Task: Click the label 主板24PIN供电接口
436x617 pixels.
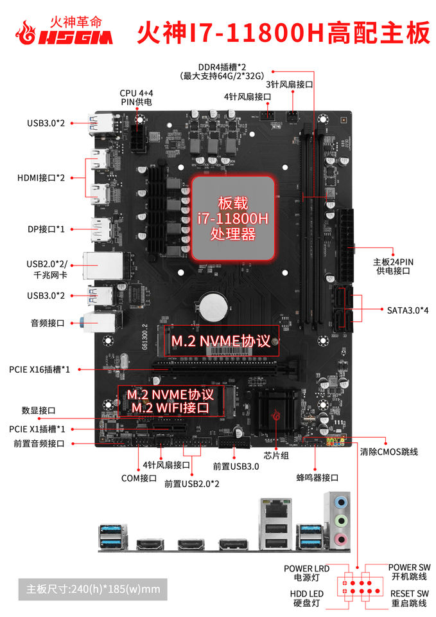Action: pyautogui.click(x=393, y=266)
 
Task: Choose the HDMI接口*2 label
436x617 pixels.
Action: pyautogui.click(x=41, y=177)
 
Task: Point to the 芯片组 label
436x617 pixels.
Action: pyautogui.click(x=281, y=455)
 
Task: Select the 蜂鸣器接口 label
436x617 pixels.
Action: pyautogui.click(x=317, y=478)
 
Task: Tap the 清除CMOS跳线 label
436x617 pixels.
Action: pyautogui.click(x=389, y=452)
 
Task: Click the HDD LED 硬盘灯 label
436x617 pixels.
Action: pyautogui.click(x=306, y=598)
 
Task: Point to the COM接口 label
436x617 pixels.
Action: pyautogui.click(x=139, y=478)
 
